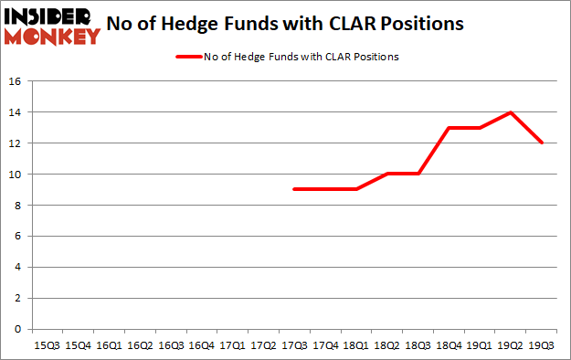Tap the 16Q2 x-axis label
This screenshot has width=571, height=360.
pyautogui.click(x=139, y=346)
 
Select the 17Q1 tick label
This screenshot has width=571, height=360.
pyautogui.click(x=232, y=346)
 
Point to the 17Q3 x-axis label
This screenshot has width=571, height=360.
pyautogui.click(x=294, y=346)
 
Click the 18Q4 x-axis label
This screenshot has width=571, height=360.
pyautogui.click(x=448, y=346)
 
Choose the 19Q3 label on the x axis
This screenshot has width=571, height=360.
pyautogui.click(x=541, y=346)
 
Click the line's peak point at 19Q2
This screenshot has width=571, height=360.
pyautogui.click(x=510, y=112)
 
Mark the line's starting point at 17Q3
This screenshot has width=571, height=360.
pyautogui.click(x=294, y=189)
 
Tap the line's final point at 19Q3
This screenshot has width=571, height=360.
pyautogui.click(x=541, y=143)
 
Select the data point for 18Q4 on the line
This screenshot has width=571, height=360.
pyautogui.click(x=448, y=128)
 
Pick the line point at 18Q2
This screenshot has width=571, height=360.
pyautogui.click(x=386, y=174)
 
